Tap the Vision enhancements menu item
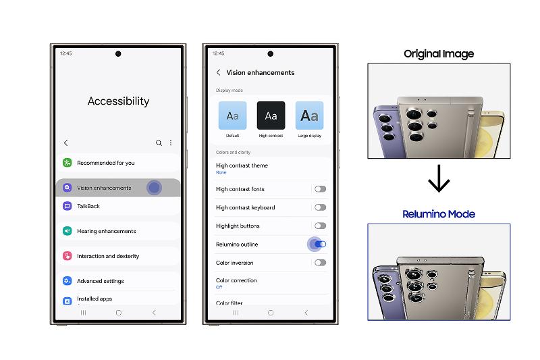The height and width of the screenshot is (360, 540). pos(104,188)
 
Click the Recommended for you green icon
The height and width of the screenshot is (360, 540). pos(67,163)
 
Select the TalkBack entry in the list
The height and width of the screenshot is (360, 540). pos(88,206)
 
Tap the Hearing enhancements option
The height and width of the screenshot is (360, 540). pos(106,231)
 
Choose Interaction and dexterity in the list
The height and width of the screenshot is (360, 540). pos(108,256)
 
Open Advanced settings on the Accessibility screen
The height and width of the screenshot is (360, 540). pos(100,281)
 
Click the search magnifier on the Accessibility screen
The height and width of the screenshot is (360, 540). pos(159,143)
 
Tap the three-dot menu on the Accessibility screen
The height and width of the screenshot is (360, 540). pos(171,143)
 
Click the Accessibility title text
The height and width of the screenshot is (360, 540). pos(118,101)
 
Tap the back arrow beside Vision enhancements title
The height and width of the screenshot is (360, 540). pos(218,72)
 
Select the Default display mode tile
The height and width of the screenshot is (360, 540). pos(232,116)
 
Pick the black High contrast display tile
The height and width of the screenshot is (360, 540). pos(271,116)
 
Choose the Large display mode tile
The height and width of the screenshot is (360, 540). pos(309,116)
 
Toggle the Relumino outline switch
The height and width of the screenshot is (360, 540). pos(320,244)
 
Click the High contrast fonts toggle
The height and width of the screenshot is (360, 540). pos(320,189)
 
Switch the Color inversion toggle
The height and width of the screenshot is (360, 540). pos(320,262)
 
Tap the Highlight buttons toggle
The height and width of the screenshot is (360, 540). pos(320,226)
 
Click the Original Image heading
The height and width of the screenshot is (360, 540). pos(439,53)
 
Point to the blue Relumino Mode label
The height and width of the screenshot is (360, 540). pos(439,214)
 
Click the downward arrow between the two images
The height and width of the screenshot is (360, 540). pos(439,180)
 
